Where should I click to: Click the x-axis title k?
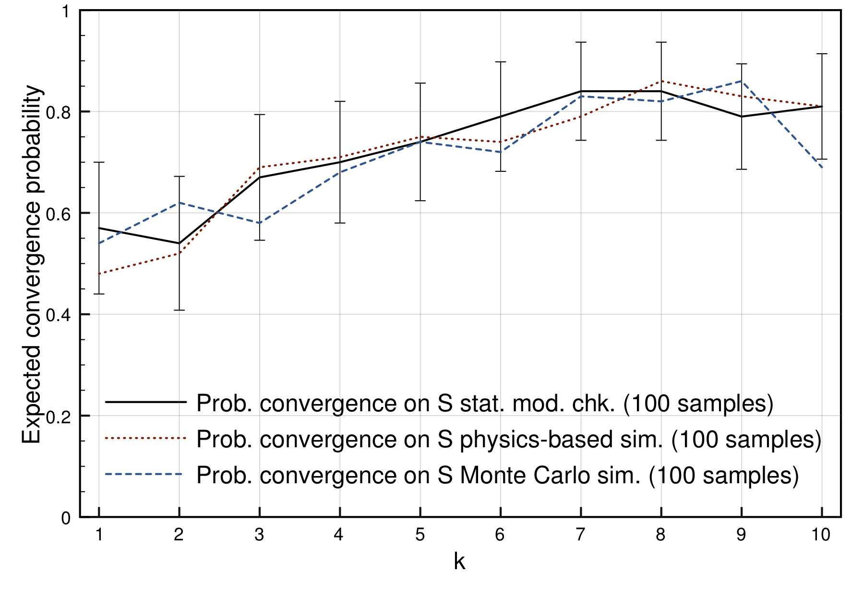click(x=459, y=561)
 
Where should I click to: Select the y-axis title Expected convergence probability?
click(x=33, y=264)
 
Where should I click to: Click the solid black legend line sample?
click(x=145, y=402)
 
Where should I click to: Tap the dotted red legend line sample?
click(x=145, y=438)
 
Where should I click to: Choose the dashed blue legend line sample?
click(x=145, y=475)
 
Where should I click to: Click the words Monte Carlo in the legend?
click(x=525, y=475)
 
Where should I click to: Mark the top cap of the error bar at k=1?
click(x=99, y=163)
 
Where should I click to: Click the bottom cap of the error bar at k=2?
click(x=179, y=310)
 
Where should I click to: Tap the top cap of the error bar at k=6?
click(x=501, y=62)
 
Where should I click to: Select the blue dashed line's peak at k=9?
click(x=742, y=81)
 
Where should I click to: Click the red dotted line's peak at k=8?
click(x=661, y=81)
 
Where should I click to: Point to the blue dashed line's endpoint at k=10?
click(x=822, y=167)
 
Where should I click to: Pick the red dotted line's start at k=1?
click(x=99, y=274)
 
